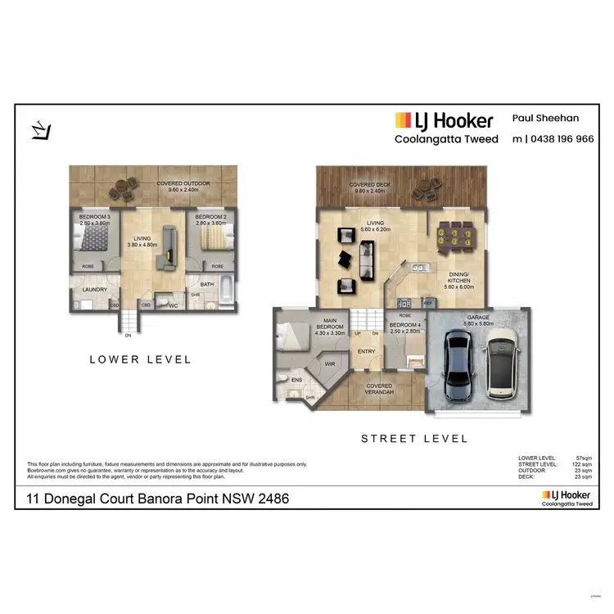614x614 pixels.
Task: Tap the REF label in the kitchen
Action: click(427, 303)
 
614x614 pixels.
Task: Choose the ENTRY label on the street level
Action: click(366, 351)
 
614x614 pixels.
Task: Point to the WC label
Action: click(173, 305)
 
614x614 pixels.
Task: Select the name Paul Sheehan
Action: click(545, 118)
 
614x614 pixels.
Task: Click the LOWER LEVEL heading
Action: click(139, 359)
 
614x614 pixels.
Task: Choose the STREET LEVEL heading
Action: click(415, 439)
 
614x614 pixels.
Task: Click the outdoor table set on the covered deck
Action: click(424, 188)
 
